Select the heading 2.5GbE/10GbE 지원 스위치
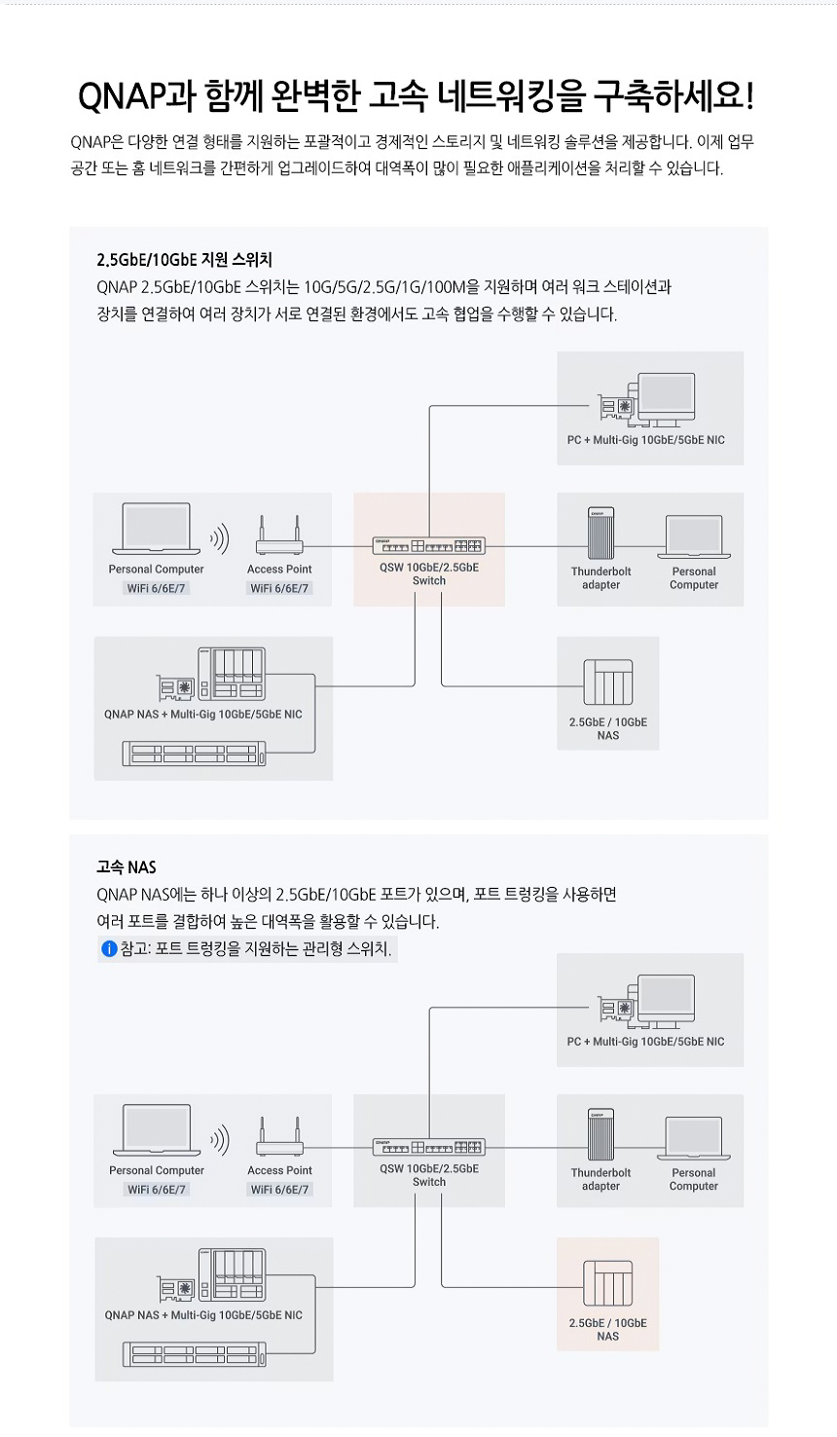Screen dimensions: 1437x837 pyautogui.click(x=184, y=260)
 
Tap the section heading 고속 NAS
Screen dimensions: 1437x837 pyautogui.click(x=127, y=866)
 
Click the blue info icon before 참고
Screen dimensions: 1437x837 pyautogui.click(x=109, y=948)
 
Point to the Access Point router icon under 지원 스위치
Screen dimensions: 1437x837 pyautogui.click(x=279, y=534)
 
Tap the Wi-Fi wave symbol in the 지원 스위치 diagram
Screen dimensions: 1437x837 pyautogui.click(x=220, y=537)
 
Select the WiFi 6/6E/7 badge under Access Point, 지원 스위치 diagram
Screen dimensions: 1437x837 pyautogui.click(x=279, y=588)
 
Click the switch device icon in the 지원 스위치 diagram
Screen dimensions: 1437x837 pyautogui.click(x=428, y=545)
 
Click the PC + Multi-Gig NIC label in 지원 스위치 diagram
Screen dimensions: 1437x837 pyautogui.click(x=645, y=440)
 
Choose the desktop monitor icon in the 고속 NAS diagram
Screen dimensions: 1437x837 pyautogui.click(x=666, y=1001)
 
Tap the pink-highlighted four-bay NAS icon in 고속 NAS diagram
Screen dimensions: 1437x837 pyautogui.click(x=607, y=1283)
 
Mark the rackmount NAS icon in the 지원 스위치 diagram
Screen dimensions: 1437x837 pyautogui.click(x=194, y=754)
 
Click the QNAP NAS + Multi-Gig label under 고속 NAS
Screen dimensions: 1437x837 pyautogui.click(x=203, y=1315)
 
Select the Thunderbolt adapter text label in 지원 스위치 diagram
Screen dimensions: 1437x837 pyautogui.click(x=600, y=578)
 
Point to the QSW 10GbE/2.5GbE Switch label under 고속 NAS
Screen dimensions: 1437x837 pyautogui.click(x=428, y=1175)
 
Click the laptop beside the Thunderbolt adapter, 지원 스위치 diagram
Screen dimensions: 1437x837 pyautogui.click(x=693, y=537)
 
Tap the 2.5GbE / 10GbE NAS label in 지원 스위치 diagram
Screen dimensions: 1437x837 pyautogui.click(x=607, y=729)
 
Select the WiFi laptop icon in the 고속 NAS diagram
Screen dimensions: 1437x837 pyautogui.click(x=157, y=1128)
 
